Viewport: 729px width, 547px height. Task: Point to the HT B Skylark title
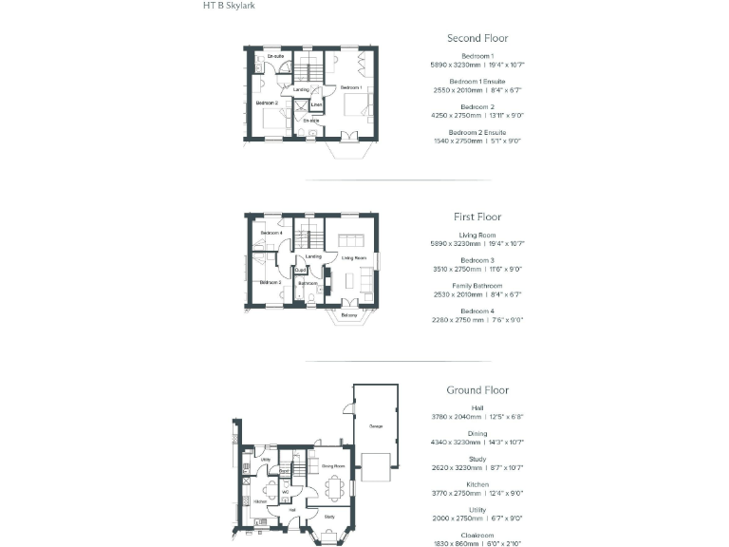click(229, 6)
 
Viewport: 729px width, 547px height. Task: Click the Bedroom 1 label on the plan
click(351, 87)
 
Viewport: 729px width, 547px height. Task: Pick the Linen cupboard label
click(316, 104)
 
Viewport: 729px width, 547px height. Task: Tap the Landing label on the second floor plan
click(301, 89)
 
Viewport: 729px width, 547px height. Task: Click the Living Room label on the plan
click(354, 257)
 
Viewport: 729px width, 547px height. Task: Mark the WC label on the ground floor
click(285, 491)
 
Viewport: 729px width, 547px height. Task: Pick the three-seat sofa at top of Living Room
click(352, 238)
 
